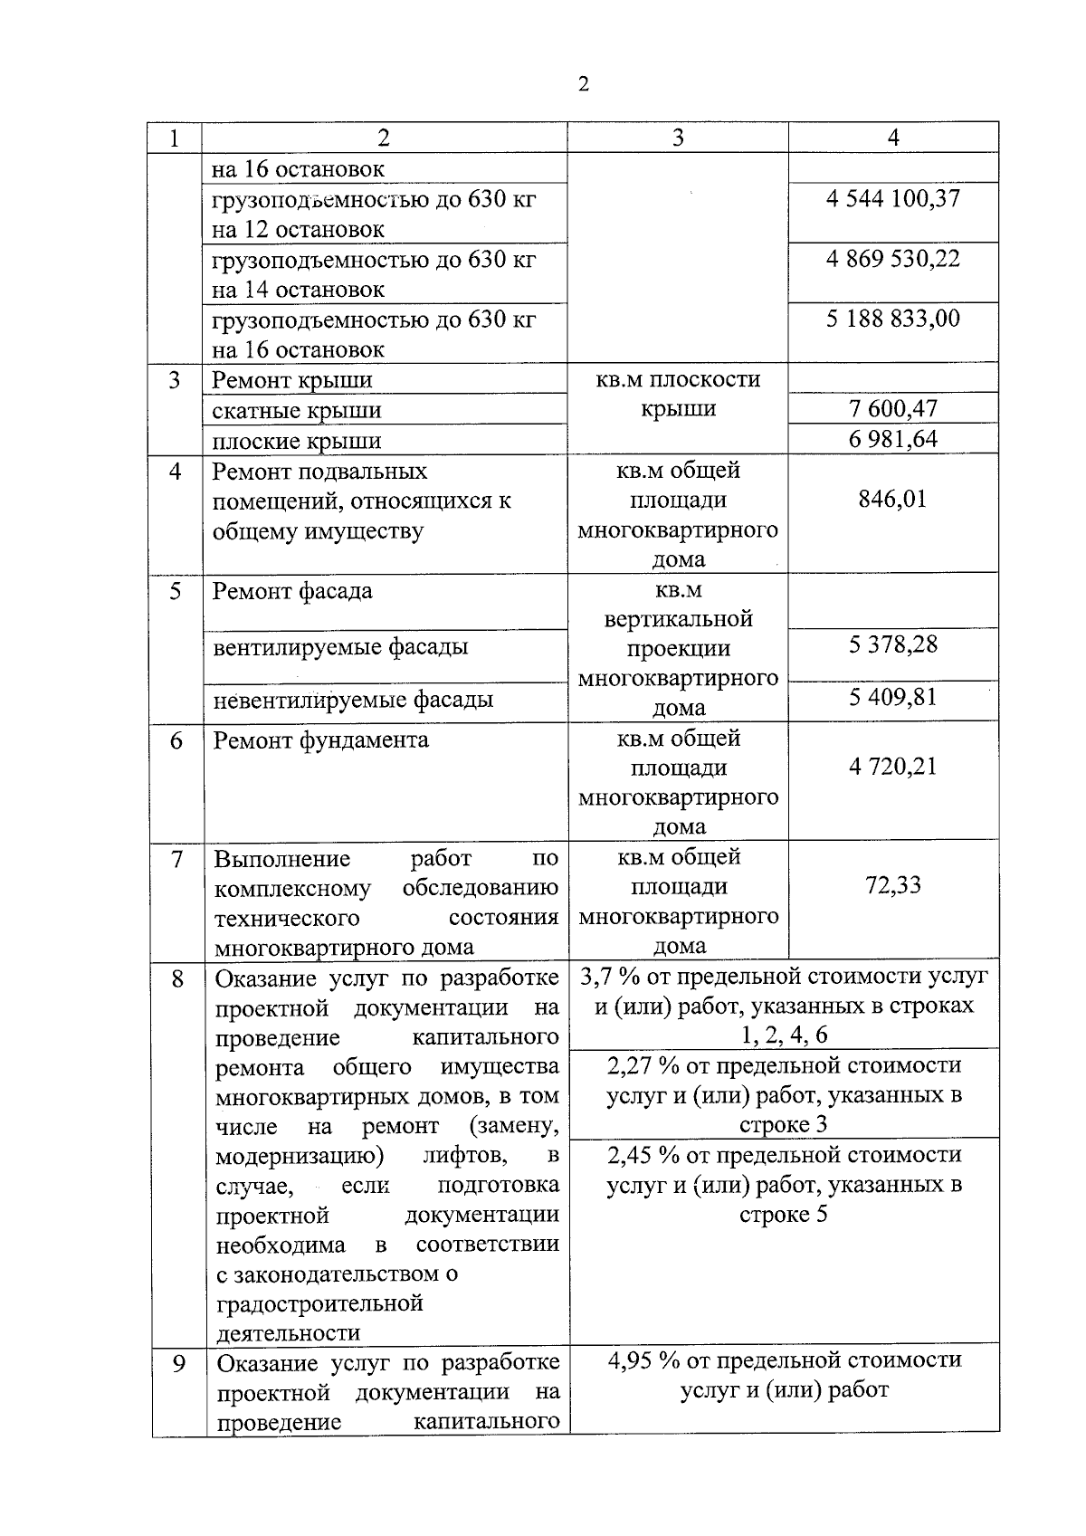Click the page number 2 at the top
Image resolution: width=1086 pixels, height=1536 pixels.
[x=583, y=84]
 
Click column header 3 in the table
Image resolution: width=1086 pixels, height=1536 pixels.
[x=678, y=138]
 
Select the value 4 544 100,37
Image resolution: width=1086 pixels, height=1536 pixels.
[x=892, y=198]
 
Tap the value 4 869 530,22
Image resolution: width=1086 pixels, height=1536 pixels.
[x=892, y=259]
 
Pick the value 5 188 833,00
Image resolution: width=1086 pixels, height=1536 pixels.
[x=892, y=319]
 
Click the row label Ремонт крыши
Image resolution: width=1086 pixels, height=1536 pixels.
[x=291, y=380]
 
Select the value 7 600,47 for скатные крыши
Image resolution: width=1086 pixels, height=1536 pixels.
[x=892, y=409]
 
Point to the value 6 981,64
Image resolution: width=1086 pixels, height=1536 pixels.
[x=892, y=440]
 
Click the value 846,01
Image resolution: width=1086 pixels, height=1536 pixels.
[x=892, y=500]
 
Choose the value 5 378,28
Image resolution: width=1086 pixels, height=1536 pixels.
[x=892, y=645]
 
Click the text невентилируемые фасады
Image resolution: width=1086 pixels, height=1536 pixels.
[x=353, y=700]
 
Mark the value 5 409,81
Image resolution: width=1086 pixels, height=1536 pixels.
[x=892, y=698]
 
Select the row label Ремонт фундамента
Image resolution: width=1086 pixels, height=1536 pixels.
[x=320, y=740]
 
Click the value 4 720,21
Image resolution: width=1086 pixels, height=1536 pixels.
[x=892, y=768]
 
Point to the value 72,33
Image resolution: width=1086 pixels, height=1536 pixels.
[x=892, y=885]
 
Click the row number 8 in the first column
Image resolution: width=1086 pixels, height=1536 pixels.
[x=177, y=979]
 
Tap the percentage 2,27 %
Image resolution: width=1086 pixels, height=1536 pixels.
[x=643, y=1065]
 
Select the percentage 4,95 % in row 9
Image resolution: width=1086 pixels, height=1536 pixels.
[x=643, y=1360]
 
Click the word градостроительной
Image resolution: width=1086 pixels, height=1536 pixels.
[x=319, y=1303]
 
